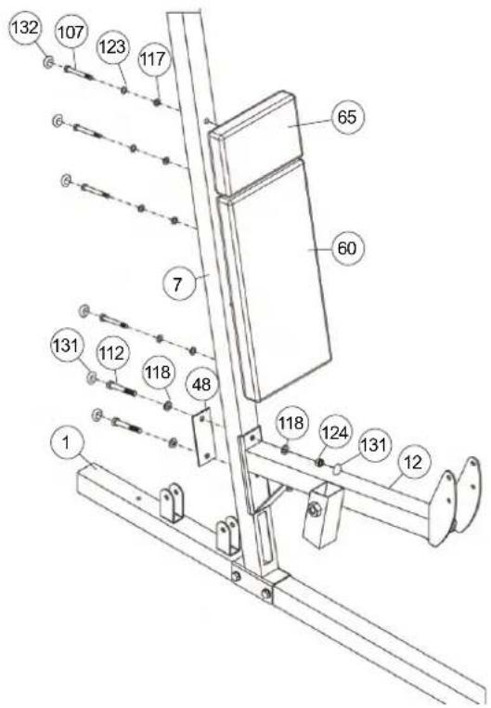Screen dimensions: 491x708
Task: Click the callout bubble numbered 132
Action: coord(25,29)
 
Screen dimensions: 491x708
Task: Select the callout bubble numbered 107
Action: coord(71,33)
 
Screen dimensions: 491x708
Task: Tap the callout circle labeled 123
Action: coord(112,46)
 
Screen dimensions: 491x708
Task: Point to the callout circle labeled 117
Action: coord(153,59)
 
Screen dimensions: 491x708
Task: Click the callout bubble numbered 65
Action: coord(347,117)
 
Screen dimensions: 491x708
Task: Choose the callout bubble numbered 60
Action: coord(347,248)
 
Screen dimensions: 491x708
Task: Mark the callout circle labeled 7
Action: coord(177,284)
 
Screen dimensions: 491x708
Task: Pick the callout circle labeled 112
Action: coord(111,354)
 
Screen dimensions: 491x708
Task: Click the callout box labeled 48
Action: coord(201,385)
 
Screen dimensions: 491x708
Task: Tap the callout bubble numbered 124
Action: coord(334,434)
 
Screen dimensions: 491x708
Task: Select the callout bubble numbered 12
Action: coord(413,463)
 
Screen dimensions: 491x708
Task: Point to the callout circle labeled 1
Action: coord(66,443)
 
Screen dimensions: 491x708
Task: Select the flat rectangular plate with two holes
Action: coord(203,436)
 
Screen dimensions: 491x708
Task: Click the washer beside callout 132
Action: coord(48,62)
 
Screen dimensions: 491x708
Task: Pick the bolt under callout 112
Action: coord(121,387)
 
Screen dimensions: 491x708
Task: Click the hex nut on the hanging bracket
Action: coord(313,510)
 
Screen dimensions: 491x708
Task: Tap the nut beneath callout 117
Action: coord(157,102)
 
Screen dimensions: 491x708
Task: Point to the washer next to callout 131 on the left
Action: coord(92,377)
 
